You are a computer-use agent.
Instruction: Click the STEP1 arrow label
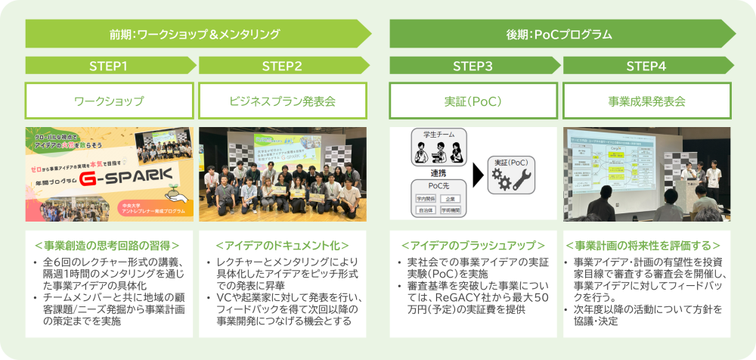point(110,66)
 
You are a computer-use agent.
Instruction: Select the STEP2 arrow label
point(283,66)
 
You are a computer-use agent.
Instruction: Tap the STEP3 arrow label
point(473,66)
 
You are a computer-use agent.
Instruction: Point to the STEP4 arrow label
point(646,66)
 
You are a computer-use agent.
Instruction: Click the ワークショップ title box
point(110,101)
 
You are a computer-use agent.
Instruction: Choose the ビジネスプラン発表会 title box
point(282,101)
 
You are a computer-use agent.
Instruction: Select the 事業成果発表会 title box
point(646,101)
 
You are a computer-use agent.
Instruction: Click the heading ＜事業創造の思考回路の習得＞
point(110,245)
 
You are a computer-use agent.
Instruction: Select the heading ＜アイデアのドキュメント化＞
point(282,245)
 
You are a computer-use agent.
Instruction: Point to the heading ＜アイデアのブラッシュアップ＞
point(473,245)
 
